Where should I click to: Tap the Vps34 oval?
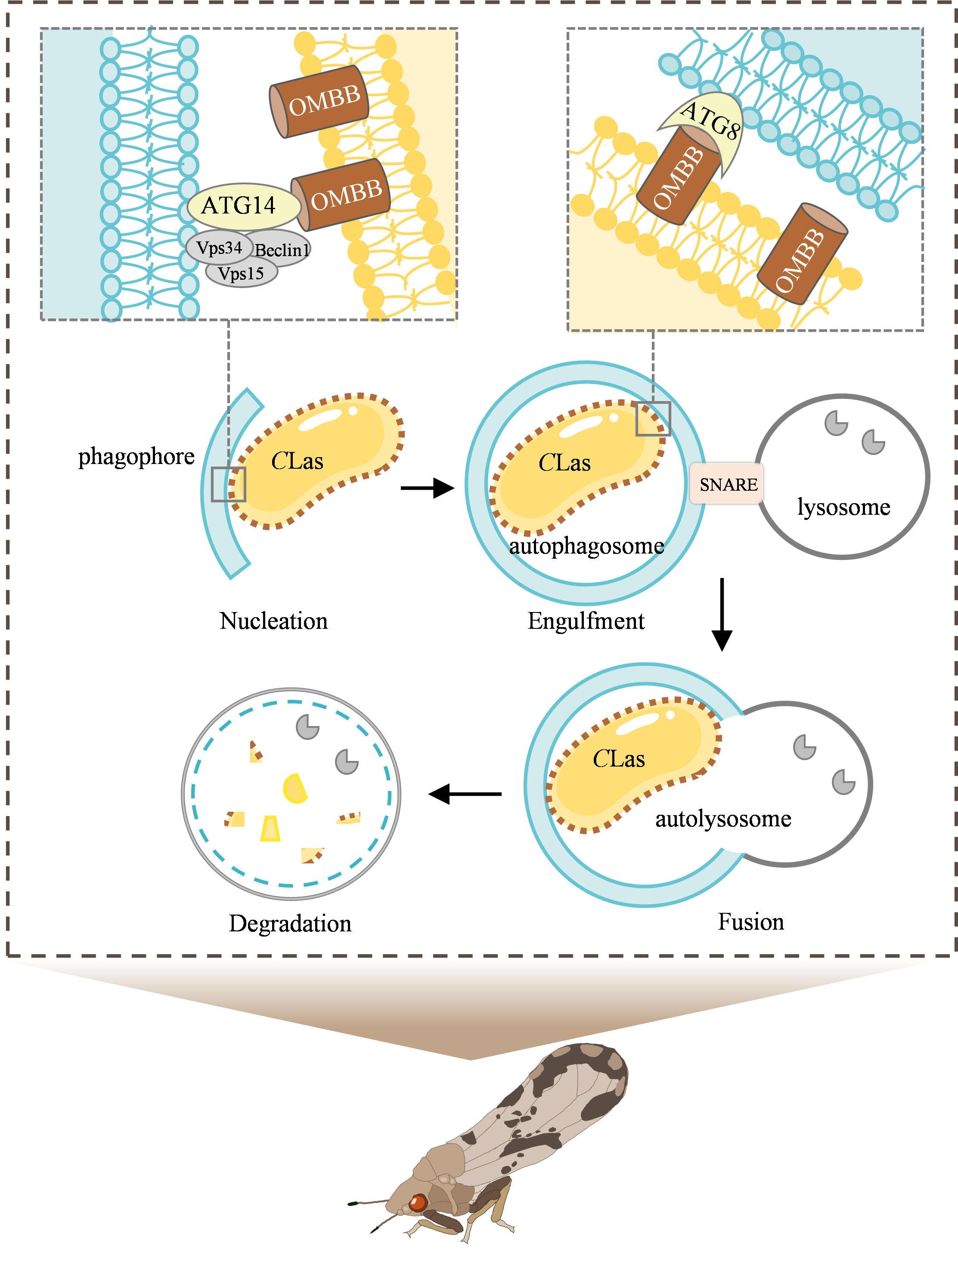[219, 247]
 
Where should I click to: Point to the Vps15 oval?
[241, 273]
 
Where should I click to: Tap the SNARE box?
[728, 484]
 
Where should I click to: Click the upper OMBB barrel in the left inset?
[321, 101]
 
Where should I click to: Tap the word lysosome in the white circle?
[744, 819]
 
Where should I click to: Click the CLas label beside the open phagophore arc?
[297, 461]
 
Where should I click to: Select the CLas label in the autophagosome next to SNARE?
[564, 463]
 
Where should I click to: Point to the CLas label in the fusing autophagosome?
[618, 759]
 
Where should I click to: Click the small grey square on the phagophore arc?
[228, 484]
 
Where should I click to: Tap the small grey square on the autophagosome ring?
[653, 418]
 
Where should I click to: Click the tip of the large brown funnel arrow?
[470, 1059]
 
